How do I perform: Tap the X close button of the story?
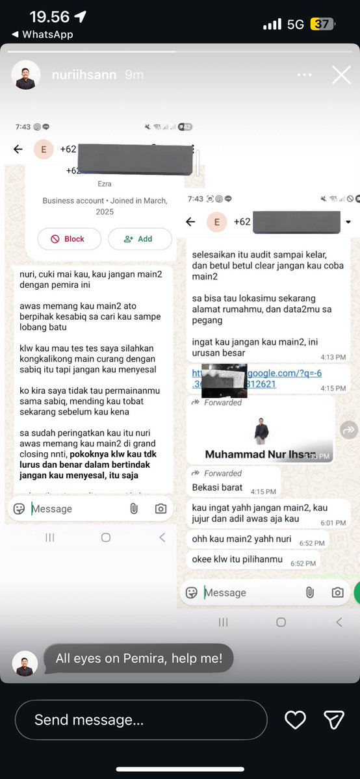coord(341,75)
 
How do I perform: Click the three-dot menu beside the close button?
coord(305,75)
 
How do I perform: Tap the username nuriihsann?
coord(84,75)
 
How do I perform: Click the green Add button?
coord(140,238)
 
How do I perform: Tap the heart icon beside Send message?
coord(296,719)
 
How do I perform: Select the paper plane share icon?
coord(333,719)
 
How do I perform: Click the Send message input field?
coord(141,720)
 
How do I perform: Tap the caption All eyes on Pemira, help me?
coord(139,658)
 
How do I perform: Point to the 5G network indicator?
coord(295,24)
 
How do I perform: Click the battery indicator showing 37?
coord(322,24)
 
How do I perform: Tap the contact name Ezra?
coord(105,184)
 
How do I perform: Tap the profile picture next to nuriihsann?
coord(26,75)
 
